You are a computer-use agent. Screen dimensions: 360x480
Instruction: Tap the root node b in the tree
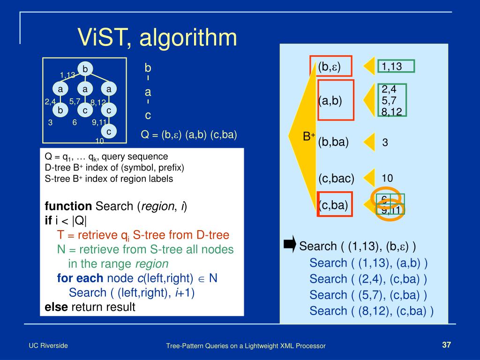click(85, 69)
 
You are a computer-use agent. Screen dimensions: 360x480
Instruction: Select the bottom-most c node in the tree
click(108, 132)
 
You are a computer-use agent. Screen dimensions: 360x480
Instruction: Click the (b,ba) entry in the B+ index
click(333, 142)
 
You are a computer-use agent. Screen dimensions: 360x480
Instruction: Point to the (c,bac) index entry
click(336, 178)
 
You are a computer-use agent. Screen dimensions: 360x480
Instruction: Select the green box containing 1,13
click(396, 67)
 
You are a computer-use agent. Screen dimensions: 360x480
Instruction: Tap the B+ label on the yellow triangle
click(308, 137)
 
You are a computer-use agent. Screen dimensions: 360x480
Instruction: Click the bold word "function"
click(68, 206)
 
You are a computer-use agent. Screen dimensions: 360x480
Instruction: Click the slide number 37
click(446, 345)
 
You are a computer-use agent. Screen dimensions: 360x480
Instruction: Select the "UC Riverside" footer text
click(48, 345)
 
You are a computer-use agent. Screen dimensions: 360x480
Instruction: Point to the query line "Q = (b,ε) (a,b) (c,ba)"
click(189, 135)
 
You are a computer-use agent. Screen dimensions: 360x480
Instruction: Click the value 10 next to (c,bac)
click(387, 178)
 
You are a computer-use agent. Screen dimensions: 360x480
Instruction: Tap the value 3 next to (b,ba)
click(385, 143)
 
